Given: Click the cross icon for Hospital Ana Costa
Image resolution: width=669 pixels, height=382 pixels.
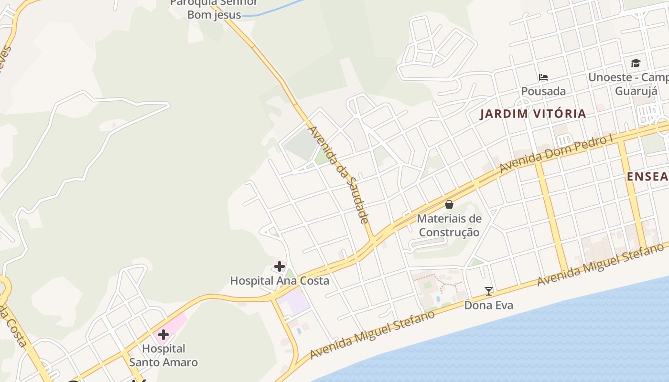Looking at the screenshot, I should point(280,266).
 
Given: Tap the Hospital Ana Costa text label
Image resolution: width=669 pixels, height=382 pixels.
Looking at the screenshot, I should point(280,280).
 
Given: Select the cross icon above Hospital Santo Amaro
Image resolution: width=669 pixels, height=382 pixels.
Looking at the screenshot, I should point(163,334).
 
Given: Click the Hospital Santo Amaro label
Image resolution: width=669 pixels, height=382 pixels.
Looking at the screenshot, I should point(163,355).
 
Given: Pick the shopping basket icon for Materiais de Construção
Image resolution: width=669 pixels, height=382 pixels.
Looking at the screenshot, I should point(449,204).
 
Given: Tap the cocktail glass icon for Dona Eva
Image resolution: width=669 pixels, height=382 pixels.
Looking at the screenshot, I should point(488,291).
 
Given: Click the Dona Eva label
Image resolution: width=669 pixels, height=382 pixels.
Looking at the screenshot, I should point(488,305).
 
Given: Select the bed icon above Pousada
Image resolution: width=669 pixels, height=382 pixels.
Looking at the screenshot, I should point(543,77).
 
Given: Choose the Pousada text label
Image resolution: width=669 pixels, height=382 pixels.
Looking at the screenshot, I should point(543,91).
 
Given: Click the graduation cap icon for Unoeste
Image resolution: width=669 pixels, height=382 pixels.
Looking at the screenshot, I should point(636,63).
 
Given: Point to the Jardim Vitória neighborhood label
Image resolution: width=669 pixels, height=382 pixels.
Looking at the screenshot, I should point(533,114).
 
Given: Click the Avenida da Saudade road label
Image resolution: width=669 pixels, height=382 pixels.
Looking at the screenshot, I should point(339,174).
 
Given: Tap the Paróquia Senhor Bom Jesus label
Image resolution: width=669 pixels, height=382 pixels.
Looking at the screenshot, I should point(214,9).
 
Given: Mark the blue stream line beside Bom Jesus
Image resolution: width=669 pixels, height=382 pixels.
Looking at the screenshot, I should point(277,11).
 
